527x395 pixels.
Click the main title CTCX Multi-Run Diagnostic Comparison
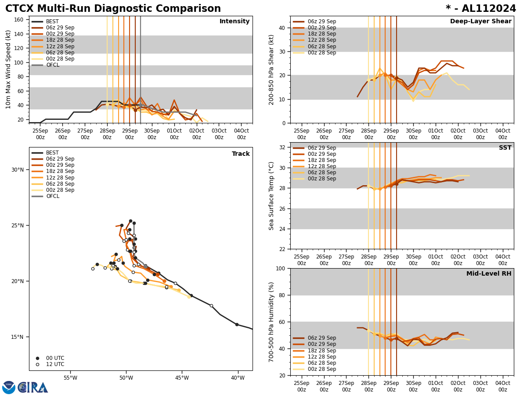pos(113,9)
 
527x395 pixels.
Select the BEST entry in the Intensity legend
pos(52,22)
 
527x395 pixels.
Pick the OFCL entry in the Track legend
pos(52,196)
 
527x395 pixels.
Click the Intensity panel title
pos(235,22)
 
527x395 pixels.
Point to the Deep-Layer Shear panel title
pos(480,22)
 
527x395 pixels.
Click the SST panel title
pos(505,148)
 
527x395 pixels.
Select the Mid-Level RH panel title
pos(489,274)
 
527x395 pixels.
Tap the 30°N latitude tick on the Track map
pos(18,170)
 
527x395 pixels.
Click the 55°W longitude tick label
pos(70,378)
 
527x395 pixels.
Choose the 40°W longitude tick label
pos(238,378)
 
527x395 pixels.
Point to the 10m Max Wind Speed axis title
pos(8,69)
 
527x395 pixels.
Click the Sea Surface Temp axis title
pos(272,196)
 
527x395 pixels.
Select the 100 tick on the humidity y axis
pos(280,268)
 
